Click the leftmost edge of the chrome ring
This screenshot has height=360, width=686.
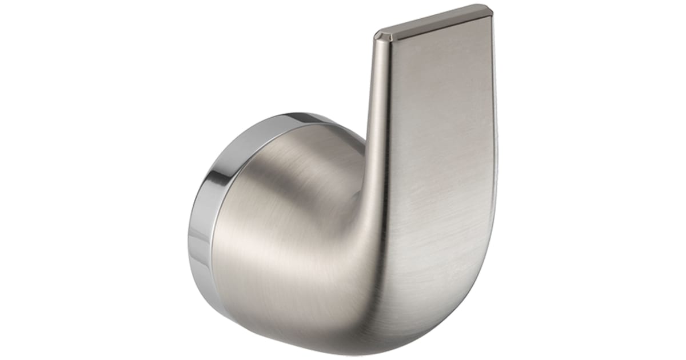tap(189, 240)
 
